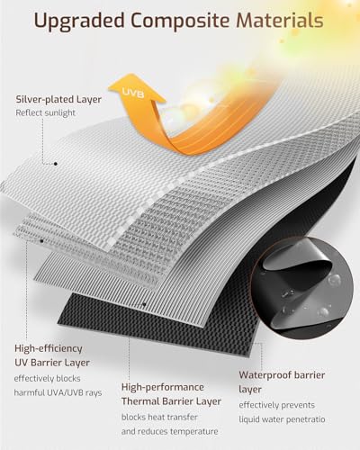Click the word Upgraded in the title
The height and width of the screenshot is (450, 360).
[79, 22]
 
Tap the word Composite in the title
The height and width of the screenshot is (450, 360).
[181, 21]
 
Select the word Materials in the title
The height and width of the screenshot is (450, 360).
[280, 21]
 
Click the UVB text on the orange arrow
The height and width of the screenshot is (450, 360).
[133, 93]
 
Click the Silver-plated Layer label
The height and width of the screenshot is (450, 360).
[58, 99]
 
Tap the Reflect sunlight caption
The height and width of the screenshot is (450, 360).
[46, 113]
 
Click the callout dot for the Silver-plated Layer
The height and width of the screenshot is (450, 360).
[56, 164]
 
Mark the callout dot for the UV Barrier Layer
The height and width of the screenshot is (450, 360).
[42, 240]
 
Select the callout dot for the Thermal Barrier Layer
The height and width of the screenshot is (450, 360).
[144, 304]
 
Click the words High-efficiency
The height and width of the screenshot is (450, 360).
[49, 348]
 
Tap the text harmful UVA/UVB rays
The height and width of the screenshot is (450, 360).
[58, 392]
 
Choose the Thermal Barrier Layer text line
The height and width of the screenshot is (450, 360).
[171, 401]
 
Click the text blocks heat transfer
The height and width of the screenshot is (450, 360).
[159, 418]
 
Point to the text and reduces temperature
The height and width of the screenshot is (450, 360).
[170, 432]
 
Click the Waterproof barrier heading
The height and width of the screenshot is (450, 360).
[282, 375]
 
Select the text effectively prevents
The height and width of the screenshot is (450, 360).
[277, 405]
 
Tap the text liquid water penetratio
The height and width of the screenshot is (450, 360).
[282, 419]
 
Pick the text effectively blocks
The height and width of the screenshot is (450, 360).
[47, 379]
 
